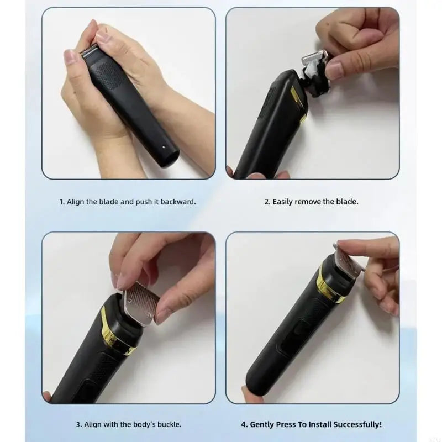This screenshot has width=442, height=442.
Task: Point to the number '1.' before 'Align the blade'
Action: tap(62, 202)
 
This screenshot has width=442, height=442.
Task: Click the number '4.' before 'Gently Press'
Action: tap(244, 424)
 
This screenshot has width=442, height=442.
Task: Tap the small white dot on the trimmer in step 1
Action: tap(164, 147)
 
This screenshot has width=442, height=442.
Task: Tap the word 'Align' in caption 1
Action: tap(75, 202)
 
